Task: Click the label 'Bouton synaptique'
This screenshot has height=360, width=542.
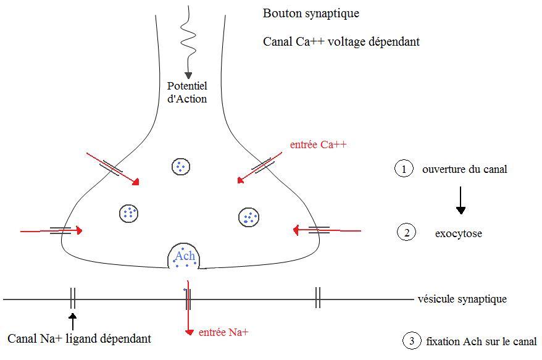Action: (x=311, y=13)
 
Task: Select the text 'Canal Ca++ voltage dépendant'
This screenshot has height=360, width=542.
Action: (x=341, y=42)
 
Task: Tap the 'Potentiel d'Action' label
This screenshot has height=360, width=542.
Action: (x=187, y=93)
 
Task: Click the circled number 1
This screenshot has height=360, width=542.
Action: (x=404, y=169)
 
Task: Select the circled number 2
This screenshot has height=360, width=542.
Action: (x=407, y=233)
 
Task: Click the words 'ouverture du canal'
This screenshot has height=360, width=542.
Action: (x=464, y=169)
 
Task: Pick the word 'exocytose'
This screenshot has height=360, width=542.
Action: (x=458, y=234)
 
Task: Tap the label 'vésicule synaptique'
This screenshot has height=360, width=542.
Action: (x=462, y=299)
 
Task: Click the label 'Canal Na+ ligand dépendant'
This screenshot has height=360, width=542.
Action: (x=79, y=338)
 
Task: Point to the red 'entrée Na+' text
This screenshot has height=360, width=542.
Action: (x=223, y=332)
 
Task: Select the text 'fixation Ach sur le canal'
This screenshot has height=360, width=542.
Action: (x=481, y=340)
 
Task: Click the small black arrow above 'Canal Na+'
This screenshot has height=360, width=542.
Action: (x=73, y=320)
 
